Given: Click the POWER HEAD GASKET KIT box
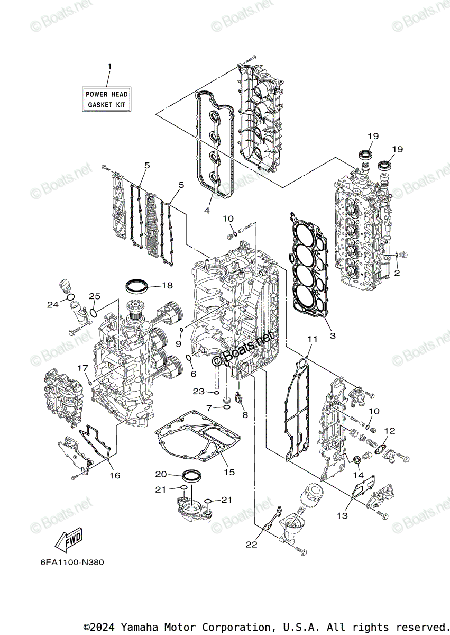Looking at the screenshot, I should tap(107, 99).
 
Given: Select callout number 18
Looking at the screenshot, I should tap(167, 286).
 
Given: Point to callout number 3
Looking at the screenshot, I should tap(333, 335).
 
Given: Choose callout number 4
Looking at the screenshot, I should tap(207, 210).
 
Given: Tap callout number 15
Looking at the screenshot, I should tap(229, 472).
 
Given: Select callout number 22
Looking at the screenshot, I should tap(252, 545).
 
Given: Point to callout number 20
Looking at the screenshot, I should tap(161, 474).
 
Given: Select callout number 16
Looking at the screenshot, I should tap(115, 475).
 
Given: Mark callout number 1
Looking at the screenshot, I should tap(109, 67).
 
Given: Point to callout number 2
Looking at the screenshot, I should tap(397, 273).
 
